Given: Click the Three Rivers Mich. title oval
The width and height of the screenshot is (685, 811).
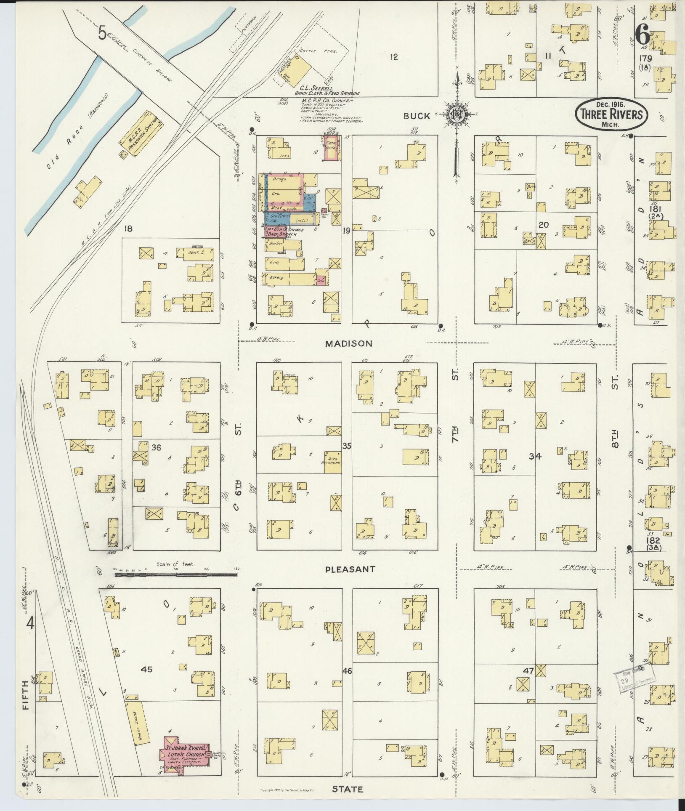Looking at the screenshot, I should (x=611, y=114).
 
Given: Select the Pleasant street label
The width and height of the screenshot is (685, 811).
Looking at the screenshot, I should (x=350, y=569).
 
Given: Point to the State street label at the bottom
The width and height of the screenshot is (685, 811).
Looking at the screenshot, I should (x=347, y=789).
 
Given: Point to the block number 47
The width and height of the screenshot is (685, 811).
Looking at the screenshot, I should (x=528, y=671).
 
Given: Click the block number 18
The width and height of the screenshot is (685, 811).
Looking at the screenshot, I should (x=128, y=229).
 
